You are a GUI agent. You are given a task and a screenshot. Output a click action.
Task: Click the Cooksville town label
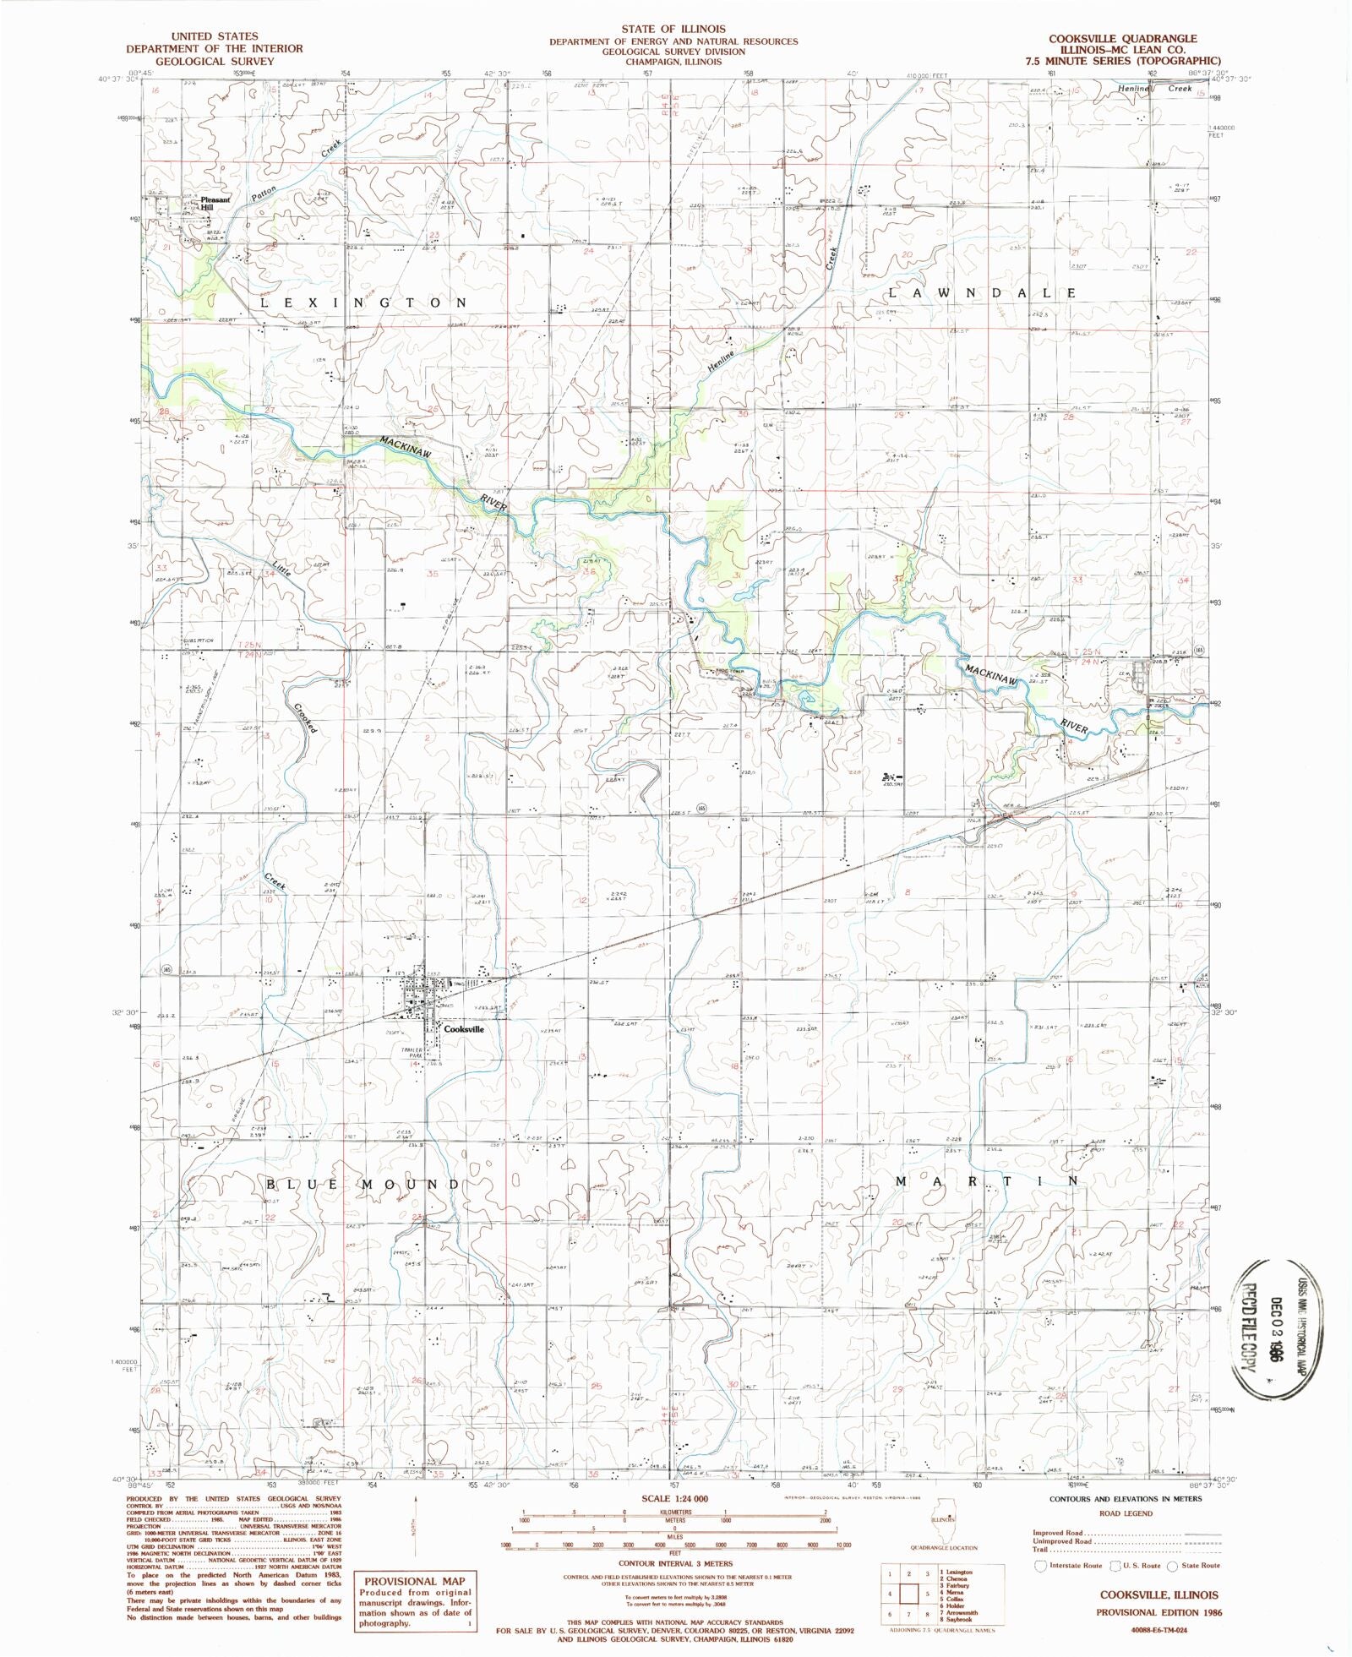(x=464, y=1029)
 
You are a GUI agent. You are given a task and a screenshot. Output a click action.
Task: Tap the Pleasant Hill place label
(x=215, y=204)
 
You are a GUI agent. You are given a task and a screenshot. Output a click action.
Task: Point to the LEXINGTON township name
(x=363, y=303)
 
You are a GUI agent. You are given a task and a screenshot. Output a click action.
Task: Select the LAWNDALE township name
(x=982, y=292)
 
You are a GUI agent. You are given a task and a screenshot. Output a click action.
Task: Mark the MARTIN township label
(x=986, y=1180)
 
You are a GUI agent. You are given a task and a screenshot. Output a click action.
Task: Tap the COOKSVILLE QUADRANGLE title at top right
(x=1122, y=38)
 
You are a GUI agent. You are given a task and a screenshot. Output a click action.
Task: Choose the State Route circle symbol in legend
(x=1172, y=1565)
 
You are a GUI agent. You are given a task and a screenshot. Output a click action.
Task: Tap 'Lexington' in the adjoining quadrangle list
(x=957, y=1573)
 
